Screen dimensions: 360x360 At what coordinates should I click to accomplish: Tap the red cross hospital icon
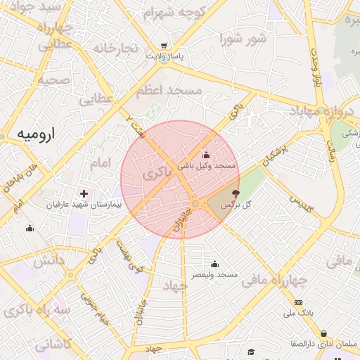pyautogui.click(x=84, y=193)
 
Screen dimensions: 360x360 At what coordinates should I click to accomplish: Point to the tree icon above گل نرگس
pyautogui.click(x=235, y=193)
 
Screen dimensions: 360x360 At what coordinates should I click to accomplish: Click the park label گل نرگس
pyautogui.click(x=236, y=205)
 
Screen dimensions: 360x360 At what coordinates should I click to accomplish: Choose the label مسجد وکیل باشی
pyautogui.click(x=206, y=167)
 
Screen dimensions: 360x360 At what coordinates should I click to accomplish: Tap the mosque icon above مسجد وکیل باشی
pyautogui.click(x=206, y=155)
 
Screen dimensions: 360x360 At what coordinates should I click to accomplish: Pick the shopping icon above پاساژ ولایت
pyautogui.click(x=164, y=45)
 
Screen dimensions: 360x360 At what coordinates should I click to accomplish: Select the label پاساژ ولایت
pyautogui.click(x=165, y=56)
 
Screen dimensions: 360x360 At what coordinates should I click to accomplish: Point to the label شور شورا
pyautogui.click(x=243, y=38)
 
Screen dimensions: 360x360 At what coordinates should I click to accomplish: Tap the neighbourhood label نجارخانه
pyautogui.click(x=114, y=48)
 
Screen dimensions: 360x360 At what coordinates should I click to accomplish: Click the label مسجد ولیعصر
pyautogui.click(x=214, y=274)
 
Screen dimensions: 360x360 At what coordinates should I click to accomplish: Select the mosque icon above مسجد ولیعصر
pyautogui.click(x=214, y=264)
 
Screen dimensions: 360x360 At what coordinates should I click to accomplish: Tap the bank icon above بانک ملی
pyautogui.click(x=298, y=302)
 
